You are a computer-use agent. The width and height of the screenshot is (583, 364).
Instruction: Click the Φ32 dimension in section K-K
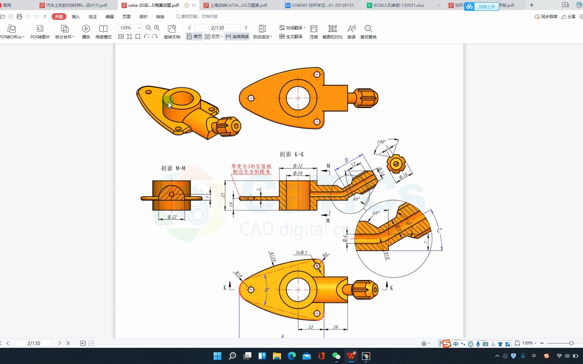[x=298, y=166]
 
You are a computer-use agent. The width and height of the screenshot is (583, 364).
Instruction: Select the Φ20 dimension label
[x=298, y=173]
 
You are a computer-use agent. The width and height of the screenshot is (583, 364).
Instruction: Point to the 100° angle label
[x=381, y=142]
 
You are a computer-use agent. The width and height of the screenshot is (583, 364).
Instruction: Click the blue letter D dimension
[x=346, y=160]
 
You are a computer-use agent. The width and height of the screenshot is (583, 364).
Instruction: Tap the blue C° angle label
[x=439, y=231]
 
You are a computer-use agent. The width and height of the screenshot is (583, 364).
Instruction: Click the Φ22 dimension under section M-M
[x=172, y=217]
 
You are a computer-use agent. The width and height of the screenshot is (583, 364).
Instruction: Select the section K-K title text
[x=291, y=154]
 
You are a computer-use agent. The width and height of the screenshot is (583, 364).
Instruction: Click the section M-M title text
[x=173, y=168]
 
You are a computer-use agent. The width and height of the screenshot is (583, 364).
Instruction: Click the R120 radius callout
[x=273, y=257]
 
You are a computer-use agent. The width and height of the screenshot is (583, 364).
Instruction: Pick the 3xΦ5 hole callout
[x=301, y=252]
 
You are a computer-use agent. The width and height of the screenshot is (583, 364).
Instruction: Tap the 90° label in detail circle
[x=409, y=223]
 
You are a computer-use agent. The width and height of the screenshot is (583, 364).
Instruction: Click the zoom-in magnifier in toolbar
[x=157, y=28]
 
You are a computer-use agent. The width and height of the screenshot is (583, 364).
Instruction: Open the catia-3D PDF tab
[x=154, y=5]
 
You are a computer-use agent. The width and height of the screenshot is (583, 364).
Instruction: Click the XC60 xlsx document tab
[x=398, y=5]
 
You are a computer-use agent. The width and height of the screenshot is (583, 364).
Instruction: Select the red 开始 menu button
[x=59, y=17]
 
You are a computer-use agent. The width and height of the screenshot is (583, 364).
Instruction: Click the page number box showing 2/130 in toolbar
[x=218, y=28]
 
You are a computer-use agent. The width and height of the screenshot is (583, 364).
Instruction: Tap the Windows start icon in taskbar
[x=217, y=356]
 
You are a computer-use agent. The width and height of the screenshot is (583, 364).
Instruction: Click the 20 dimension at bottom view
[x=335, y=327]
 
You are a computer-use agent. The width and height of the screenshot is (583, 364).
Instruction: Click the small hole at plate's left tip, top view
[x=251, y=98]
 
